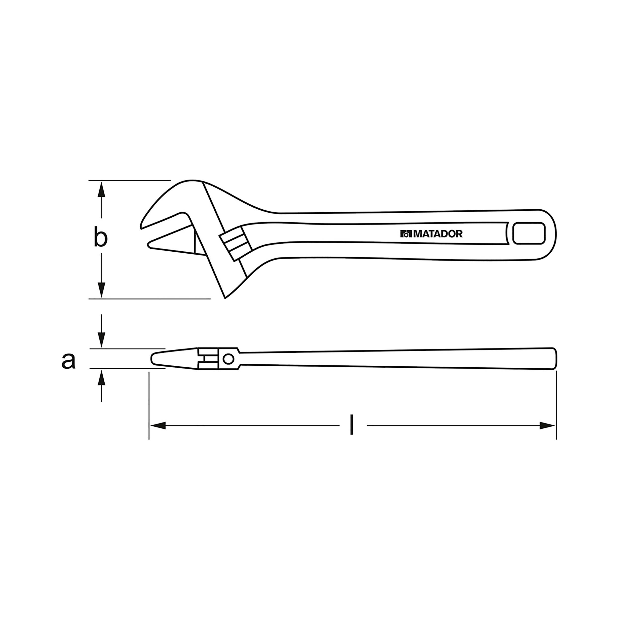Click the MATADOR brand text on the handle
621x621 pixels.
437,234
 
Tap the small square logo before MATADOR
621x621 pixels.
406,234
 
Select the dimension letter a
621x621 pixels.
69,361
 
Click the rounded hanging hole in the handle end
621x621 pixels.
529,234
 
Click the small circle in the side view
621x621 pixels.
228,359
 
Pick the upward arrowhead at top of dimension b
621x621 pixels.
101,189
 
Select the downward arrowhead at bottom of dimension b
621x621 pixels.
101,290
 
